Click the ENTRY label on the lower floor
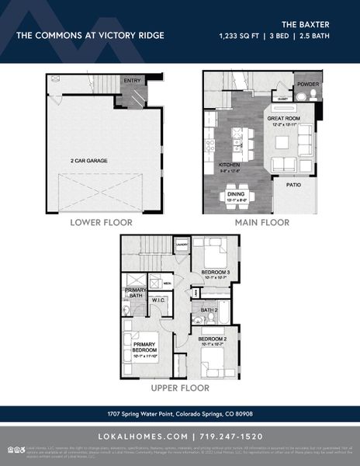[x=133, y=80]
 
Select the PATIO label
[x=294, y=186]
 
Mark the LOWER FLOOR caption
[x=102, y=222]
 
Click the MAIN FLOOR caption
[x=262, y=222]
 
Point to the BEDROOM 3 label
[x=215, y=272]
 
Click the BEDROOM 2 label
[x=212, y=339]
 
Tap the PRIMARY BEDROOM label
[x=144, y=347]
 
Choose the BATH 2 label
[x=209, y=311]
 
